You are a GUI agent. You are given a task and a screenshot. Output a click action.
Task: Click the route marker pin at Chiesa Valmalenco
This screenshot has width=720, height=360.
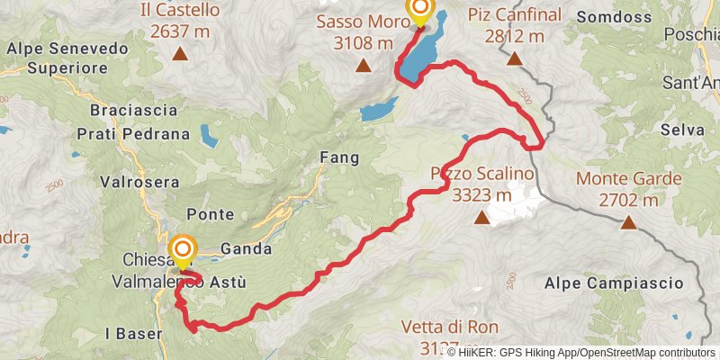coord(183,249)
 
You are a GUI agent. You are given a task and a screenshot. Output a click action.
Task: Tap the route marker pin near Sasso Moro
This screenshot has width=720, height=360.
coord(419,10)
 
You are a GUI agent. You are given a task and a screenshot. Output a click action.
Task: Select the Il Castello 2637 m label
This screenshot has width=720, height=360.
coord(180,22)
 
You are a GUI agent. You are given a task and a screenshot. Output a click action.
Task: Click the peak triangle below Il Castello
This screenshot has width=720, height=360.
coord(180,55)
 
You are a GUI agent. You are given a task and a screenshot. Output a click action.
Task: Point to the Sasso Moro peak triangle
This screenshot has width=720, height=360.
coord(363,65)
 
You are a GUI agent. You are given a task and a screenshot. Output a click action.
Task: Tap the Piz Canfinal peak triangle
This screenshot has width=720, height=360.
coord(514,59)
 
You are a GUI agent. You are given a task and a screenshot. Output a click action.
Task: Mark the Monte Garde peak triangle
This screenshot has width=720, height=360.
coord(628,222)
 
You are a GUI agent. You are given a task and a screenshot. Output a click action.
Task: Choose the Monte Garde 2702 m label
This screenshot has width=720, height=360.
coord(628,189)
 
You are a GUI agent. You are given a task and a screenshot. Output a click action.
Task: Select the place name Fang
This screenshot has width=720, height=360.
coord(339,157)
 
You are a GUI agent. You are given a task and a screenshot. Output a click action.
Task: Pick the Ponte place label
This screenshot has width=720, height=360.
coord(210,214)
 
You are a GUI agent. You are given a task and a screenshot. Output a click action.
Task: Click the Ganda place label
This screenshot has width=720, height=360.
coord(240,249)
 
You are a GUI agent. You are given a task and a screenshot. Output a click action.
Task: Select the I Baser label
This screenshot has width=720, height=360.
coord(134,333)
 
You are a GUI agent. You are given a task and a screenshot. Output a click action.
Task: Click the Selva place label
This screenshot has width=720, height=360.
coord(681,130)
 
